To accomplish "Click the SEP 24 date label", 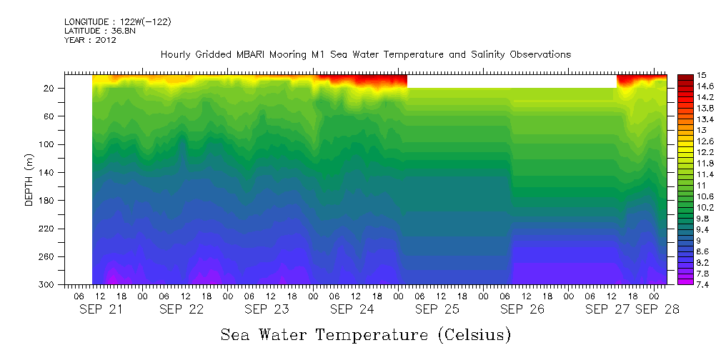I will pyautogui.click(x=352, y=309).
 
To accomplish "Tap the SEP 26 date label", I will pyautogui.click(x=522, y=309).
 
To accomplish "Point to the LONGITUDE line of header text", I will pyautogui.click(x=117, y=22).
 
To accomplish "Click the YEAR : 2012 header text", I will pyautogui.click(x=90, y=41).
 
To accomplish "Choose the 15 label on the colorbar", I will pyautogui.click(x=702, y=75).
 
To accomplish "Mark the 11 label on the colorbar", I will pyautogui.click(x=702, y=185).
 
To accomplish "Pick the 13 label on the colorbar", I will pyautogui.click(x=702, y=130).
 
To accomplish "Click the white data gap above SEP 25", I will pyautogui.click(x=511, y=81).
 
